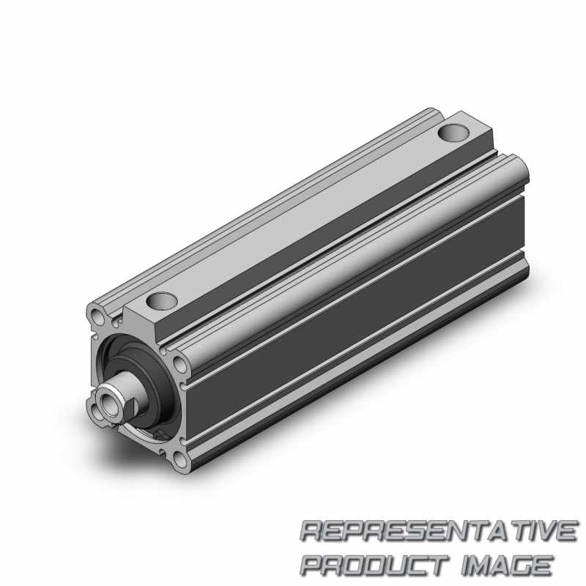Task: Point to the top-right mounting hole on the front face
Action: (x=180, y=364)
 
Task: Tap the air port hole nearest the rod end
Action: (x=161, y=301)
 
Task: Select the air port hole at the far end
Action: (x=453, y=133)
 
